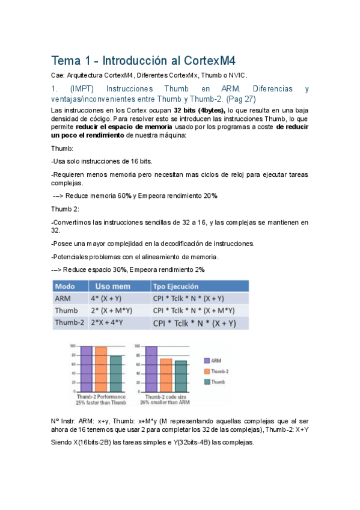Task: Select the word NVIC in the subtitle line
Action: (237, 75)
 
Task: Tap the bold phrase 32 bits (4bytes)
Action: (199, 111)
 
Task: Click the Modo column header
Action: (65, 286)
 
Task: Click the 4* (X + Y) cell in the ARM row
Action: (108, 298)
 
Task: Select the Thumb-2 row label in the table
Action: (69, 322)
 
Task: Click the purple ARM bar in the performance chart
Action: (85, 368)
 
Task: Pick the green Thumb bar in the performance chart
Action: (115, 373)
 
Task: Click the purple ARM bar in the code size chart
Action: (150, 368)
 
